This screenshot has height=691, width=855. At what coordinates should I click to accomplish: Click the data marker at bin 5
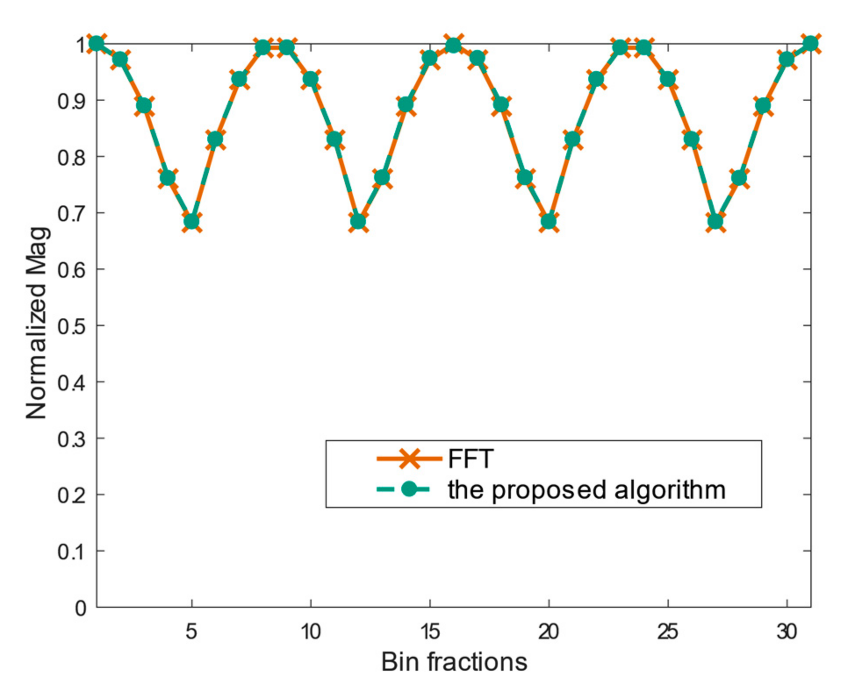pyautogui.click(x=191, y=221)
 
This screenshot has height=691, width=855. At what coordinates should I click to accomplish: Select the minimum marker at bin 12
pyautogui.click(x=358, y=221)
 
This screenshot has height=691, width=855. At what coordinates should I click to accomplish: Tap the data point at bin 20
pyautogui.click(x=549, y=221)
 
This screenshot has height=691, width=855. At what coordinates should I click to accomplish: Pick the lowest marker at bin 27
pyautogui.click(x=715, y=221)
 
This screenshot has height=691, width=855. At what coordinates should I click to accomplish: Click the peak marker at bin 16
pyautogui.click(x=453, y=45)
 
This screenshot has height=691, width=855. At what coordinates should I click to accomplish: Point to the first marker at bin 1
pyautogui.click(x=96, y=43)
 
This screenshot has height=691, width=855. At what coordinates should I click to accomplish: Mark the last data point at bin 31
pyautogui.click(x=810, y=43)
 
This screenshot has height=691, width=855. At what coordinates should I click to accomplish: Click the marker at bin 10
pyautogui.click(x=310, y=79)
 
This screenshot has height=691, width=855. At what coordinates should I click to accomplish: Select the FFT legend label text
pyautogui.click(x=471, y=459)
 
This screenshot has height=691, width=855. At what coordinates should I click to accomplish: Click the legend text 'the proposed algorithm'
pyautogui.click(x=586, y=489)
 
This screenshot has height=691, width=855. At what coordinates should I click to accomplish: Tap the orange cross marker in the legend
pyautogui.click(x=409, y=459)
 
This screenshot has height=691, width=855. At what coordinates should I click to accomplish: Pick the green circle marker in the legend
pyautogui.click(x=409, y=489)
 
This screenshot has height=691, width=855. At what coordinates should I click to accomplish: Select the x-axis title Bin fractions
pyautogui.click(x=454, y=662)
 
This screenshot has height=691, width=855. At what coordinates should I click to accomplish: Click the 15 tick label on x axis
pyautogui.click(x=430, y=632)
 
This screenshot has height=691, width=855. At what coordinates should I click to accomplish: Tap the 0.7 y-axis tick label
pyautogui.click(x=72, y=214)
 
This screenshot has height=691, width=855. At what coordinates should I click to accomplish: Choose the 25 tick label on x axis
pyautogui.click(x=668, y=632)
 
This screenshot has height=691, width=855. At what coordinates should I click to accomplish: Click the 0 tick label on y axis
pyautogui.click(x=80, y=608)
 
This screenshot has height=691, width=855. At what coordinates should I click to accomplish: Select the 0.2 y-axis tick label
pyautogui.click(x=72, y=495)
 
